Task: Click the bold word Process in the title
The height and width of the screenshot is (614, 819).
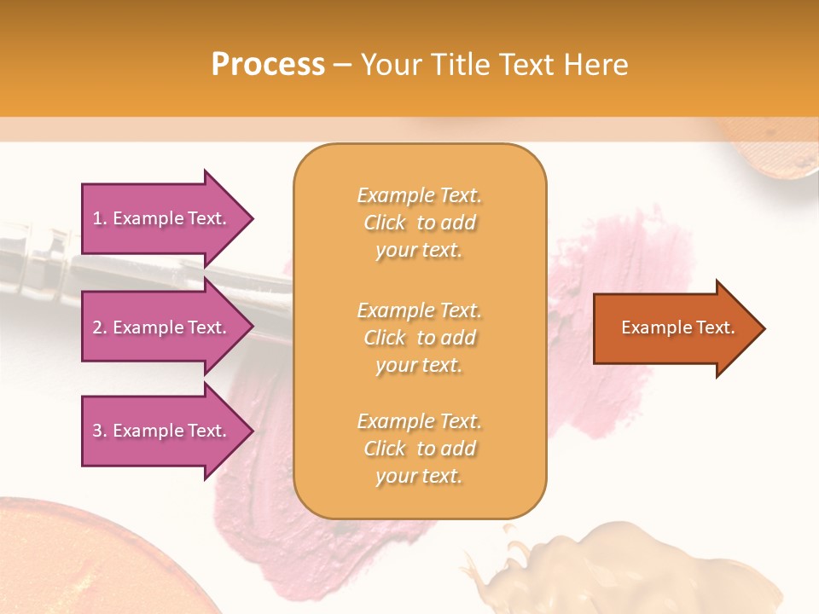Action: [x=268, y=65]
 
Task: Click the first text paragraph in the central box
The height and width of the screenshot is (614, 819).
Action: [x=419, y=223]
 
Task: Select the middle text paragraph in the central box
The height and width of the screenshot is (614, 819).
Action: [x=419, y=338]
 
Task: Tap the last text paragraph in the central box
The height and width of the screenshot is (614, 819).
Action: [x=419, y=449]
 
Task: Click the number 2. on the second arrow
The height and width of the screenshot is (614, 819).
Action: [x=100, y=327]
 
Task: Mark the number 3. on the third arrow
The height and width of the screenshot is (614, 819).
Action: [x=100, y=431]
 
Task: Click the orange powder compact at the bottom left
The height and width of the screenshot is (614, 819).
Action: [x=94, y=563]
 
